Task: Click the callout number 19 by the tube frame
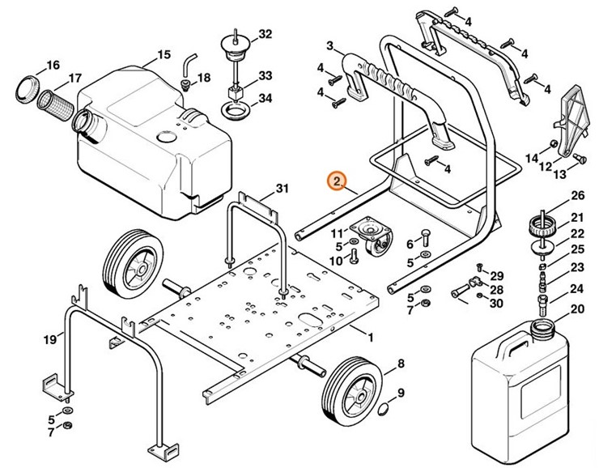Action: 49,339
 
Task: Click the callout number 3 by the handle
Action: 330,44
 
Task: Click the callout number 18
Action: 203,78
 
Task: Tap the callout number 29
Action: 496,276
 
